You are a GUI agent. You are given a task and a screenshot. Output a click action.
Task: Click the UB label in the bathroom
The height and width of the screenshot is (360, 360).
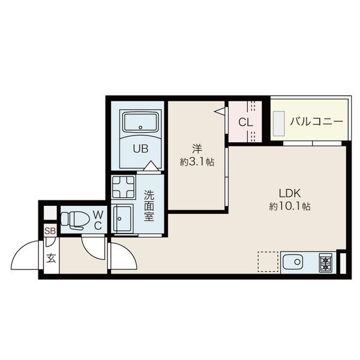[x=140, y=149]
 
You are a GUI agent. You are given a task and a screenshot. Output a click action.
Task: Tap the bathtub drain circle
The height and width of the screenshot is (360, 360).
[x=140, y=127]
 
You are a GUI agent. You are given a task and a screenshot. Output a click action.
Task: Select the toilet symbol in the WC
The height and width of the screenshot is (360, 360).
[x=75, y=220]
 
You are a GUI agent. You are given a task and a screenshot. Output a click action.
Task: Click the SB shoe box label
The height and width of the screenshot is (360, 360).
[x=50, y=231]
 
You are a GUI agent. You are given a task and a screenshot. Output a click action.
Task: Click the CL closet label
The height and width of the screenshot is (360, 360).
[x=245, y=122]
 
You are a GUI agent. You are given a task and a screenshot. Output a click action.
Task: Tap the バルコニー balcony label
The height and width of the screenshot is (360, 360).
[x=316, y=121]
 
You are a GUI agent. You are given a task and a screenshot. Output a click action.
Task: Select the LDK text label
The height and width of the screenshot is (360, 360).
[x=290, y=193]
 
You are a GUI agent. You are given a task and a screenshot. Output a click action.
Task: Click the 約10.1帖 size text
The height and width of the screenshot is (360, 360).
[x=290, y=206]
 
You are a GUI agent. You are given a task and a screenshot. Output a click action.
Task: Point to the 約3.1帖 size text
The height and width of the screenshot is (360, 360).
[x=197, y=162]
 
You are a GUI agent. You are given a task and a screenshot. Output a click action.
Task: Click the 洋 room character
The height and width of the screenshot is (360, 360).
[x=197, y=149]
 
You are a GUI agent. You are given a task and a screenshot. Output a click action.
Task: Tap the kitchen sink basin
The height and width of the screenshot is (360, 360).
[x=293, y=262]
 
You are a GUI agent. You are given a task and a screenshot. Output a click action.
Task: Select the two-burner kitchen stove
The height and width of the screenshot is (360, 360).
[x=325, y=263]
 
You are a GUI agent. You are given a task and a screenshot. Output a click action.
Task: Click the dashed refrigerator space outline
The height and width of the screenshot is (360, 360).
[x=268, y=262]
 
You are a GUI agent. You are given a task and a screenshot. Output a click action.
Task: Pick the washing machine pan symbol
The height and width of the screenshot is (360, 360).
[x=123, y=187]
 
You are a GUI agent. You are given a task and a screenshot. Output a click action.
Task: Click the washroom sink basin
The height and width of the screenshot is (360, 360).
[x=123, y=218]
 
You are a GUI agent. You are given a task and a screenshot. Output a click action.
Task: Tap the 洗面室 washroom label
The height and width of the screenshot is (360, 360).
[x=149, y=206]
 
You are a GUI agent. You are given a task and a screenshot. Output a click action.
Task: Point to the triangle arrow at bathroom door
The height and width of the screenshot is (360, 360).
[x=151, y=166]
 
